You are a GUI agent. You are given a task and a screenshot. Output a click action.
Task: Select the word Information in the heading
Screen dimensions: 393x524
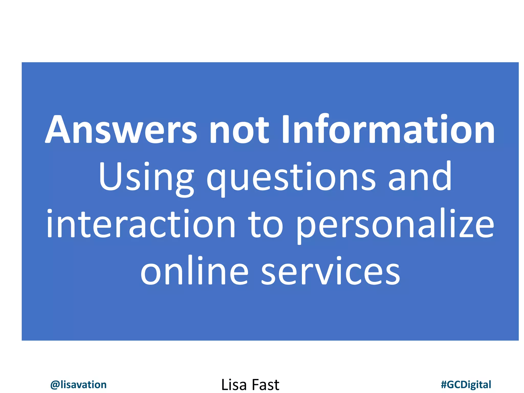click(x=388, y=129)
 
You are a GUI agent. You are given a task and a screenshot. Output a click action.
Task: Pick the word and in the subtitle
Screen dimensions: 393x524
click(x=420, y=177)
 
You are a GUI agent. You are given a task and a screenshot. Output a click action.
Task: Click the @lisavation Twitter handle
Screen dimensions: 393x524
click(x=78, y=385)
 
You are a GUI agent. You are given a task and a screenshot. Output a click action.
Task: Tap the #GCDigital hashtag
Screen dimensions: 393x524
click(x=466, y=385)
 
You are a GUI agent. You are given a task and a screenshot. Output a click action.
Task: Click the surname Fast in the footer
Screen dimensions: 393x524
click(x=265, y=385)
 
